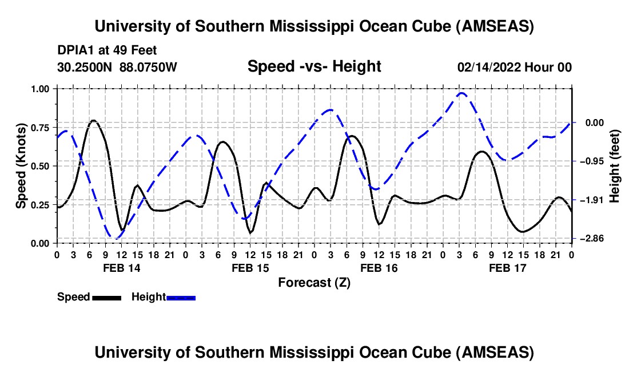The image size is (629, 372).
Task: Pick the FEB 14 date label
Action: pyautogui.click(x=121, y=268)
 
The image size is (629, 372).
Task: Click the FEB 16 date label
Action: pyautogui.click(x=379, y=268)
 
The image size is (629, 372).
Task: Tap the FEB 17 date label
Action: pyautogui.click(x=508, y=268)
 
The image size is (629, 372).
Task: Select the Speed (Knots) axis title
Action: pyautogui.click(x=21, y=166)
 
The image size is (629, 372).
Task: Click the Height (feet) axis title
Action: pyautogui.click(x=615, y=166)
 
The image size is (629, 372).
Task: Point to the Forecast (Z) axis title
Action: pyautogui.click(x=314, y=282)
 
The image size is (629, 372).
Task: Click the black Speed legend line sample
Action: pyautogui.click(x=106, y=297)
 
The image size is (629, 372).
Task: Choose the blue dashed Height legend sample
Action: pyautogui.click(x=181, y=297)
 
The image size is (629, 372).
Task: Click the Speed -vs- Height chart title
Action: pyautogui.click(x=314, y=66)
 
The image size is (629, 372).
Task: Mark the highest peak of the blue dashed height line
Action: pyautogui.click(x=461, y=93)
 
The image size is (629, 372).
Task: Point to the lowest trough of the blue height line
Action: pyautogui.click(x=116, y=238)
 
